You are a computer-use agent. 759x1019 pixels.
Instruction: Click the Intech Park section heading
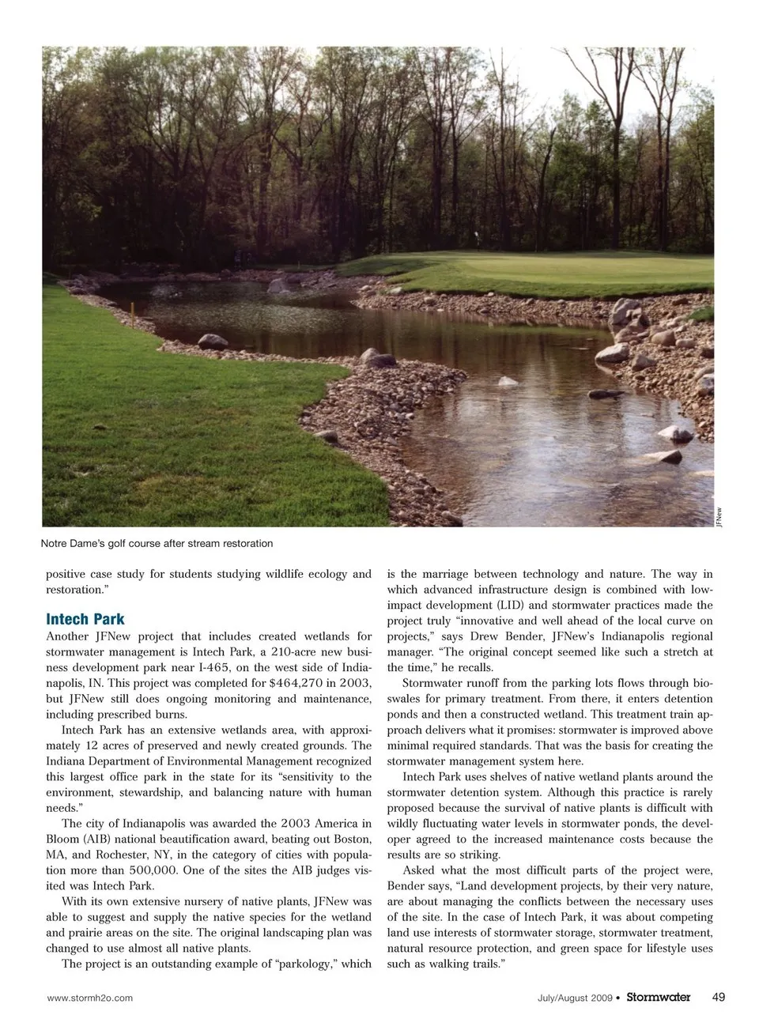pos(85,619)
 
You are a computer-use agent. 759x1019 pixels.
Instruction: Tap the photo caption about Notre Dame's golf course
pos(157,543)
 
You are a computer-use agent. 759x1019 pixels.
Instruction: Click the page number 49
pos(718,997)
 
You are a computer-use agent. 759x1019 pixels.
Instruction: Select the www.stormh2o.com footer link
pos(90,998)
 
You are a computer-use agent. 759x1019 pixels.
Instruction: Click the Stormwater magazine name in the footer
pos(658,997)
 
